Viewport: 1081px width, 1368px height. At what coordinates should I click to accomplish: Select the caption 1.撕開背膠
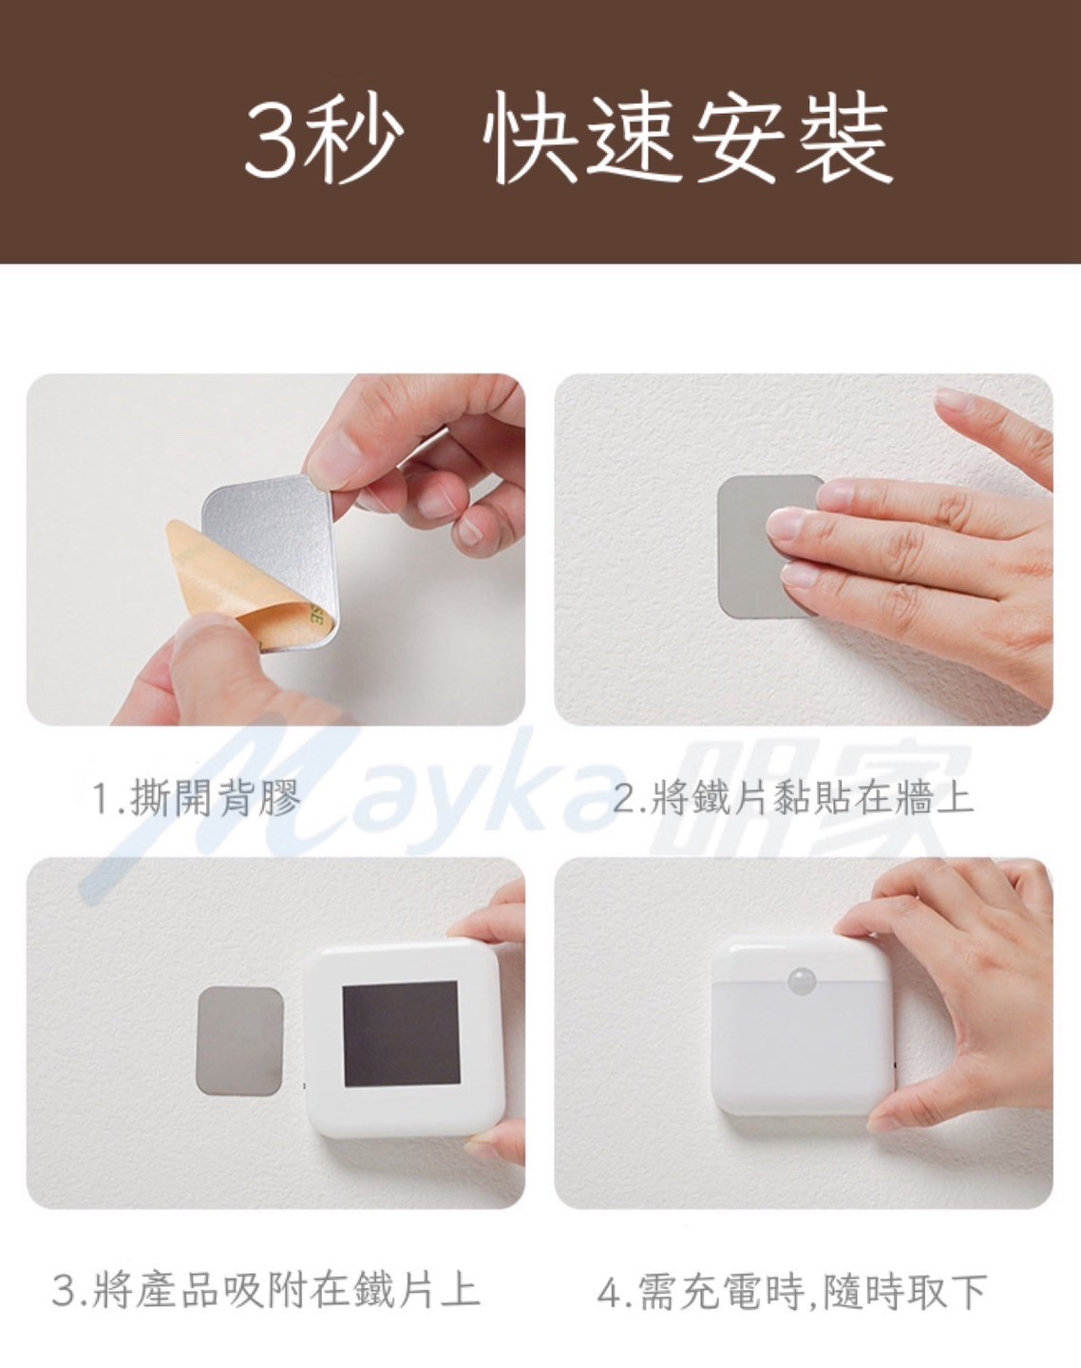tap(196, 798)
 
